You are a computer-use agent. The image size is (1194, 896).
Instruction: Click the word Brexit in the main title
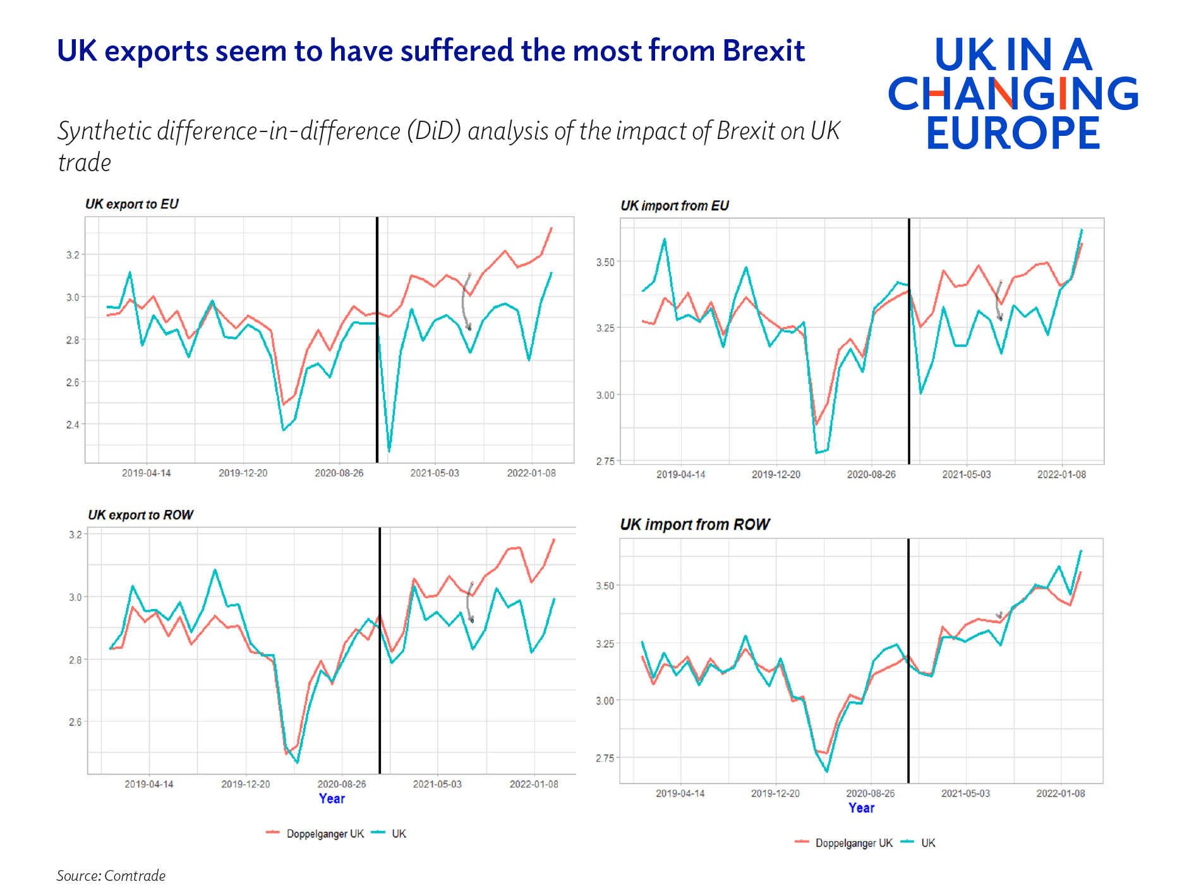pyautogui.click(x=763, y=51)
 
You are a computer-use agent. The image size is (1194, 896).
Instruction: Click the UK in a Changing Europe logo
pyautogui.click(x=1013, y=93)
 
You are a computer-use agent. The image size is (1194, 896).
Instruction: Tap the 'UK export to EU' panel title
pyautogui.click(x=131, y=204)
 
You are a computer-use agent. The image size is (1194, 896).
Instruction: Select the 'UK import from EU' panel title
pyautogui.click(x=674, y=206)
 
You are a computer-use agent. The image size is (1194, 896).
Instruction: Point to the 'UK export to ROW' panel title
pyautogui.click(x=140, y=515)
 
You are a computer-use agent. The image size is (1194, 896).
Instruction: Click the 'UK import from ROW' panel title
pyautogui.click(x=694, y=524)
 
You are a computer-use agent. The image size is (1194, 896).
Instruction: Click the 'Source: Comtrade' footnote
pyautogui.click(x=111, y=876)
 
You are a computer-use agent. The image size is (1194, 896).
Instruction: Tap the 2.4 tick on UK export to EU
pyautogui.click(x=73, y=425)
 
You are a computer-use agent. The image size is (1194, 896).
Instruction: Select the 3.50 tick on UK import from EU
pyautogui.click(x=605, y=262)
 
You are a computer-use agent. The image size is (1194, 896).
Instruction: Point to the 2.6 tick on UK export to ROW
pyautogui.click(x=75, y=722)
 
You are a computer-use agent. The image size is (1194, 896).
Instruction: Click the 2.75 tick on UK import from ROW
pyautogui.click(x=605, y=758)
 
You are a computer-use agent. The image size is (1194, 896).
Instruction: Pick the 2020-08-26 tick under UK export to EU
pyautogui.click(x=339, y=473)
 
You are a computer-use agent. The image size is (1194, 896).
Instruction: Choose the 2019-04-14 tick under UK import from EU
pyautogui.click(x=680, y=475)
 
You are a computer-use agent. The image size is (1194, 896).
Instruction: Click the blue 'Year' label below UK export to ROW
pyautogui.click(x=332, y=799)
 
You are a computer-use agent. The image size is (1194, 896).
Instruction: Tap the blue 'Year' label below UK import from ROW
pyautogui.click(x=861, y=808)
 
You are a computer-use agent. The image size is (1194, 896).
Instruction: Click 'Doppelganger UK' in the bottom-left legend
pyautogui.click(x=325, y=834)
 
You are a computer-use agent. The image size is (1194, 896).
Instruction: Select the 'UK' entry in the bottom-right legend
pyautogui.click(x=928, y=843)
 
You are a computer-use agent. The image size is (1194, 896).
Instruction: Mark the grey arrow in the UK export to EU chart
pyautogui.click(x=466, y=302)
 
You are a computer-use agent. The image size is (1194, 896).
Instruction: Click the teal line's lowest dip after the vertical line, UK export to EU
pyautogui.click(x=389, y=451)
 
